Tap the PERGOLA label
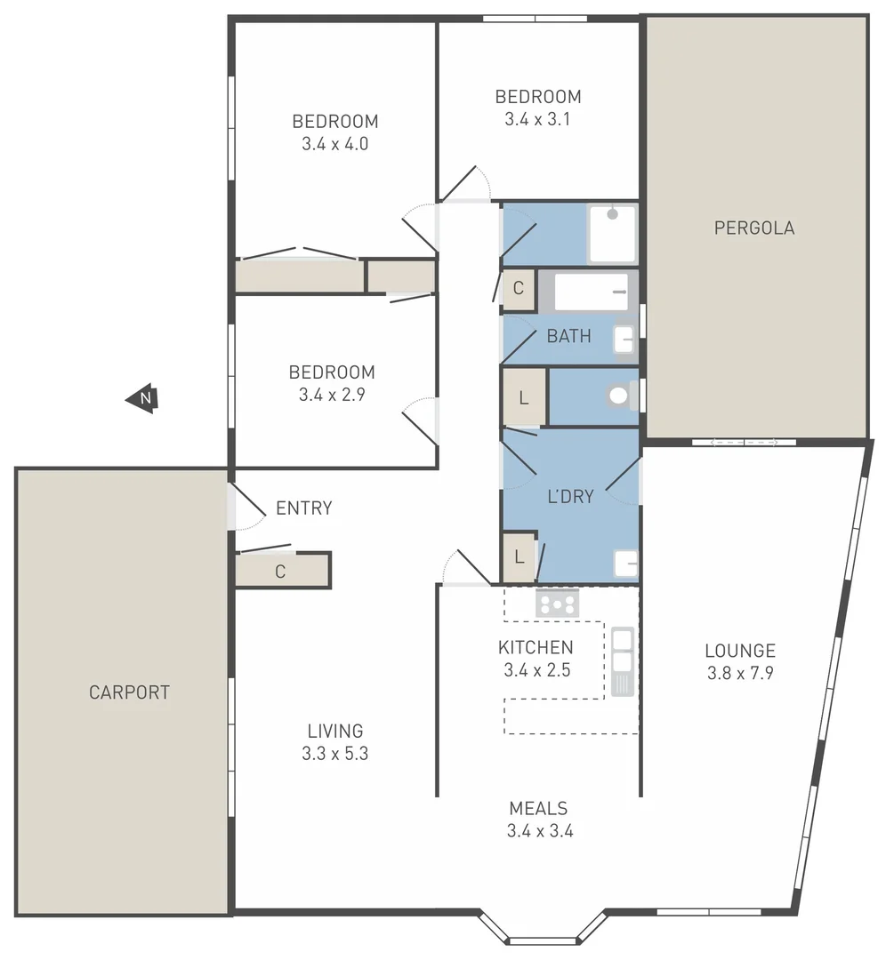pos(754,228)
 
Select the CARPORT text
pos(129,692)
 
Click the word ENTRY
pos(303,508)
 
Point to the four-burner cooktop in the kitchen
pos(557,604)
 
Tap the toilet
pos(621,396)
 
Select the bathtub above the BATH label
pos(589,291)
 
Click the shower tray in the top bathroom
pos(612,234)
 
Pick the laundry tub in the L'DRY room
pos(626,563)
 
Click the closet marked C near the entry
pos(281,572)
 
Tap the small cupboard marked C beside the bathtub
pos(518,290)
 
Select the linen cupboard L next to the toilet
pos(524,396)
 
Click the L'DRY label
pos(569,497)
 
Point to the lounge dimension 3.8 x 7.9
pos(740,673)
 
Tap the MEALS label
pos(538,809)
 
